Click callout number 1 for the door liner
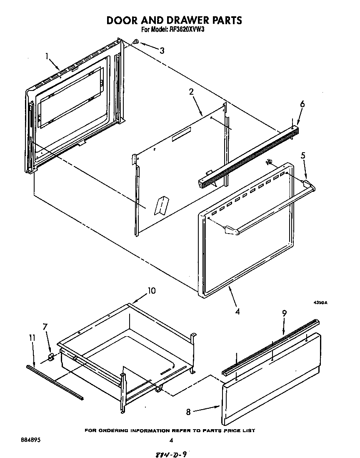(47, 55)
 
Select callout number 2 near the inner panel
(191, 92)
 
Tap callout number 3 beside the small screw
(162, 50)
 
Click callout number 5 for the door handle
(303, 156)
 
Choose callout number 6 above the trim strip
(302, 104)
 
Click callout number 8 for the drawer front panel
(188, 412)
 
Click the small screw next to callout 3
(137, 42)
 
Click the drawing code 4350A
(320, 303)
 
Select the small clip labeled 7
(51, 357)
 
